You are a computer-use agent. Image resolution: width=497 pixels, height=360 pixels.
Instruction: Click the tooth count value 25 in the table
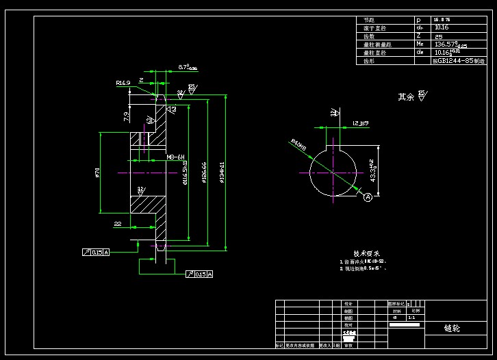click(439, 36)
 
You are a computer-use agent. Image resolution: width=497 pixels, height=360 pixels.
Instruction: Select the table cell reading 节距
click(370, 21)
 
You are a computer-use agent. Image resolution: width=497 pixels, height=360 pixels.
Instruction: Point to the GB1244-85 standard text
click(459, 61)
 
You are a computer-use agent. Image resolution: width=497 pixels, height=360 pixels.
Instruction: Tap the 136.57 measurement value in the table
click(450, 44)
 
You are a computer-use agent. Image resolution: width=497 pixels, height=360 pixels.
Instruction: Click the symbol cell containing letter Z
click(419, 36)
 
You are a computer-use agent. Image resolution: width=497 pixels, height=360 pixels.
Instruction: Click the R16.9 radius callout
click(123, 83)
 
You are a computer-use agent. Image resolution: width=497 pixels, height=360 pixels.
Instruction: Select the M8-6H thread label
click(177, 157)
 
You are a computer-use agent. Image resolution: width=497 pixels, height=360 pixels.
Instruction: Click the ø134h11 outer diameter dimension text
click(222, 172)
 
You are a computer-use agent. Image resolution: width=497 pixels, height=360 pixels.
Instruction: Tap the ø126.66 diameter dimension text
click(204, 172)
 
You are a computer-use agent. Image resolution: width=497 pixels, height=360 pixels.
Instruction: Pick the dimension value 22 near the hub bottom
click(118, 223)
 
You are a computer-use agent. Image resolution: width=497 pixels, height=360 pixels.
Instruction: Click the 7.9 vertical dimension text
click(126, 116)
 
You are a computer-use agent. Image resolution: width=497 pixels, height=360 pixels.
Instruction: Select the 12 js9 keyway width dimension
click(360, 123)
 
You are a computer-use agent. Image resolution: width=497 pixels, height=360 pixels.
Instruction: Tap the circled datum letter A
click(368, 198)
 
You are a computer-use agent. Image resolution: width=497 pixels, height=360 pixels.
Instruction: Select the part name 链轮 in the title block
click(453, 328)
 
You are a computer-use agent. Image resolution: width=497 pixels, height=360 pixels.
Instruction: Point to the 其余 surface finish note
click(407, 97)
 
